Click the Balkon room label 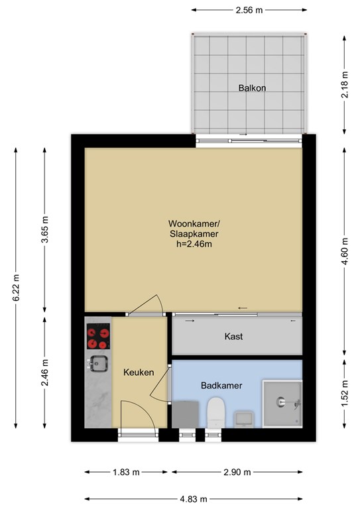[x=252, y=88]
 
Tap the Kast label [x=233, y=336]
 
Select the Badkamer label [x=221, y=386]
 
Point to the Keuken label [x=139, y=372]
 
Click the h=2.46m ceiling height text [x=194, y=244]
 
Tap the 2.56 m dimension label [x=249, y=10]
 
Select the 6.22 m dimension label [x=16, y=288]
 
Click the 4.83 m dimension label [x=194, y=499]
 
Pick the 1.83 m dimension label [x=126, y=472]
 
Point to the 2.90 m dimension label [x=237, y=472]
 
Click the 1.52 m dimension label [x=344, y=393]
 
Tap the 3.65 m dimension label [x=44, y=229]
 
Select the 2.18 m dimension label [x=344, y=85]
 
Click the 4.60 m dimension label [x=344, y=251]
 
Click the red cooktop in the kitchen [x=98, y=336]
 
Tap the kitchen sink [x=98, y=364]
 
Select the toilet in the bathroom [x=216, y=412]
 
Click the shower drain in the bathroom [x=280, y=402]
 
